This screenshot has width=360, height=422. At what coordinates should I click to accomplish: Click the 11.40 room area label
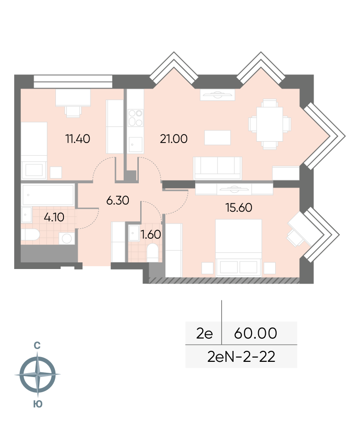[x=78, y=139]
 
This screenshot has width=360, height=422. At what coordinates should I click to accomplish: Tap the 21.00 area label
[x=174, y=139]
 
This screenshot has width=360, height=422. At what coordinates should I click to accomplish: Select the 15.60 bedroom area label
[x=239, y=207]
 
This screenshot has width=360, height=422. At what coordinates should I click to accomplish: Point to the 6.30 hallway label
[x=117, y=200]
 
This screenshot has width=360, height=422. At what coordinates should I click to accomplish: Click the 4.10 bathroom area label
[x=54, y=217]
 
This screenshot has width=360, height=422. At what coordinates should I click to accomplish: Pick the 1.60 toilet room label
[x=151, y=234]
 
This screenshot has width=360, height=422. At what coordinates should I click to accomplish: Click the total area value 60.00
[x=255, y=333]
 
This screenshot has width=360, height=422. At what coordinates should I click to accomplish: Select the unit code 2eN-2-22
[x=241, y=357]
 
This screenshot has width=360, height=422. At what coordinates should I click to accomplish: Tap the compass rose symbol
[x=38, y=374]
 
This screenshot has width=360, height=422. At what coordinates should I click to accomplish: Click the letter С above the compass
[x=37, y=345]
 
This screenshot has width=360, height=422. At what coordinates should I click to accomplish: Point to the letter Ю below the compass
[x=38, y=404]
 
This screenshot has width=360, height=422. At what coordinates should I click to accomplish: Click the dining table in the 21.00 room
[x=270, y=125]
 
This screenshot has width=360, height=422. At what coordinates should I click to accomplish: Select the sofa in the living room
[x=217, y=168]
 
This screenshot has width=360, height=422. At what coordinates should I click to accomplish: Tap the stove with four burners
[x=135, y=118]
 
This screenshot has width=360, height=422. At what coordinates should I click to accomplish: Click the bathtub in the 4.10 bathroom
[x=48, y=195]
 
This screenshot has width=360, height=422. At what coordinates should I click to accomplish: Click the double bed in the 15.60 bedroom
[x=239, y=248]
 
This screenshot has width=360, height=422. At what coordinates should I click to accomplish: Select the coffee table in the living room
[x=217, y=137]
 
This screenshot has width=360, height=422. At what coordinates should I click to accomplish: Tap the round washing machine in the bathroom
[x=67, y=238]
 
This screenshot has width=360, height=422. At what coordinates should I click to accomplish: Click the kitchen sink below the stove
[x=135, y=145]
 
